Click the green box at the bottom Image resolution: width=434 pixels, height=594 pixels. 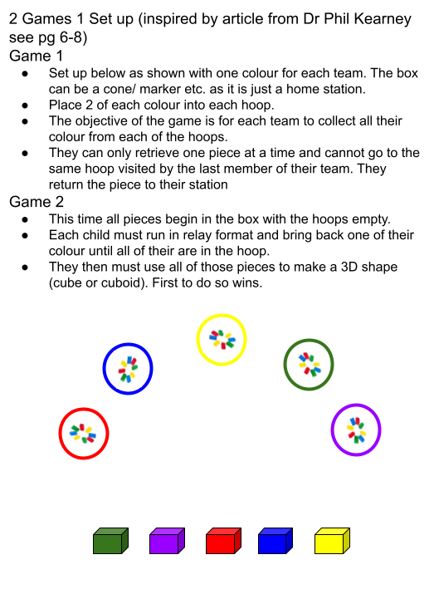[x=110, y=541]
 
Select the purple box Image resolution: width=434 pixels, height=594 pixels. [x=167, y=541]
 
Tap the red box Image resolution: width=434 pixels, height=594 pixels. [x=223, y=541]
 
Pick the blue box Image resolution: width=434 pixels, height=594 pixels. [x=275, y=541]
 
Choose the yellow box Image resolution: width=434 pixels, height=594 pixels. [x=332, y=541]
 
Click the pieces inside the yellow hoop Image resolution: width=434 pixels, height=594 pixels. [x=222, y=340]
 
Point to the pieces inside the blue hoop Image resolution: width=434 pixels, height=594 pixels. [x=129, y=370]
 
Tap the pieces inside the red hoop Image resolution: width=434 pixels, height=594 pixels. [x=83, y=434]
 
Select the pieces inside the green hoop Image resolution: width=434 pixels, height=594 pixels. [x=310, y=364]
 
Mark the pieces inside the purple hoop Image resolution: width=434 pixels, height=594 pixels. [x=357, y=430]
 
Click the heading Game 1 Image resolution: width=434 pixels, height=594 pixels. [x=36, y=56]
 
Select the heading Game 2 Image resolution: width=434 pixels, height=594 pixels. [x=37, y=202]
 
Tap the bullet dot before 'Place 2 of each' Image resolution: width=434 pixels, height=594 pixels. [x=25, y=106]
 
